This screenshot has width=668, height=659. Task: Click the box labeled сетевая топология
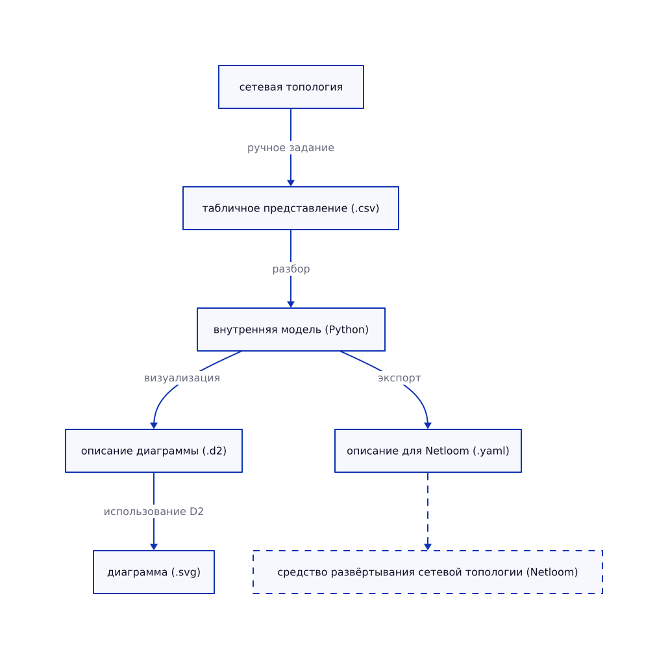[291, 87]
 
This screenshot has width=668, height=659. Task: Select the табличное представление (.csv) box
[291, 208]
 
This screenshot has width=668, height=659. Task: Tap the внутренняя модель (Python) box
[291, 329]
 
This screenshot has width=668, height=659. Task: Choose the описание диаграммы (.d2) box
[154, 451]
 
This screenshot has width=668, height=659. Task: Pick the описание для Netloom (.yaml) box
[428, 451]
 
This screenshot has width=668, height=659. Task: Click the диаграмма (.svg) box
[154, 572]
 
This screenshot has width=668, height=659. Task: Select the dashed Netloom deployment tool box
[428, 572]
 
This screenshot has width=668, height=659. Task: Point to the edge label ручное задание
[291, 148]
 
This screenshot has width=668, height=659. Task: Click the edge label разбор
[291, 269]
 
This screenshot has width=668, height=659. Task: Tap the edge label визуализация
[182, 378]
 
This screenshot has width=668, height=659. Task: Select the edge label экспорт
[400, 378]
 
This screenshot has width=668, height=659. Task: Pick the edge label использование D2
[154, 512]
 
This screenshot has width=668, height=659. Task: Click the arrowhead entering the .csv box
[291, 183]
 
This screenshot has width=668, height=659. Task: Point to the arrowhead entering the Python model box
[291, 304]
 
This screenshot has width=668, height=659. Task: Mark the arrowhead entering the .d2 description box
[154, 425]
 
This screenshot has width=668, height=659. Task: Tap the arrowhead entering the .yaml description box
[428, 425]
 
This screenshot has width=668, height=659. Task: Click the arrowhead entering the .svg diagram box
[154, 547]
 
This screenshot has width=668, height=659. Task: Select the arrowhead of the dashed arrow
[428, 547]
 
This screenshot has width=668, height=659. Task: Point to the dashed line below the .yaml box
[428, 509]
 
